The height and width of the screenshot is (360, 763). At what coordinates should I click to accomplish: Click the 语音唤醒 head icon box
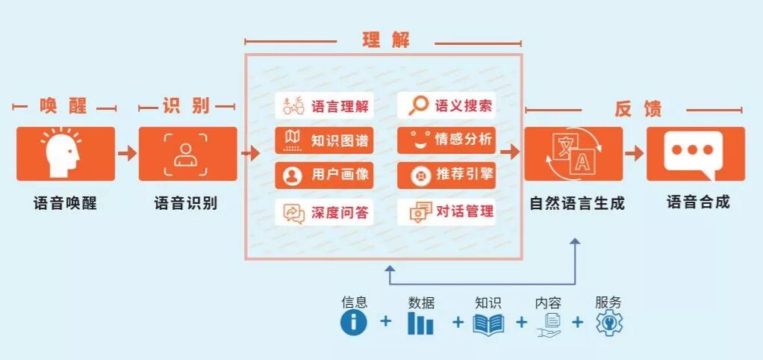(x=66, y=153)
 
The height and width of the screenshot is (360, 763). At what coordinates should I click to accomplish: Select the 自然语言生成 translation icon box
(x=573, y=153)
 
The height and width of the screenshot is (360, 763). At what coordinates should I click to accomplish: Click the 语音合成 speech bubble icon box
(x=695, y=153)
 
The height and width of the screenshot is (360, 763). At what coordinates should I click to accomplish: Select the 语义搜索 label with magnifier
(x=446, y=105)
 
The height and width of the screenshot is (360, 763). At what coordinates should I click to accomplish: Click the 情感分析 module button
(x=446, y=140)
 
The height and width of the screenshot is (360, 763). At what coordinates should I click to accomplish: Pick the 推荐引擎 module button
(x=446, y=175)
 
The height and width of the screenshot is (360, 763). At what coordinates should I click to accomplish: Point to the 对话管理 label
(x=446, y=212)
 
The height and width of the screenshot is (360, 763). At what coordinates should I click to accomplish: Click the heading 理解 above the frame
(x=386, y=40)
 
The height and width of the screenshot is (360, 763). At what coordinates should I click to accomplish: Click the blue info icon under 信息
(x=354, y=323)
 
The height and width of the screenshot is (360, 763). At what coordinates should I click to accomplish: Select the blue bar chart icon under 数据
(x=420, y=323)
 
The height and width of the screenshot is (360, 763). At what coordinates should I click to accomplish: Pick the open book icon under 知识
(x=488, y=323)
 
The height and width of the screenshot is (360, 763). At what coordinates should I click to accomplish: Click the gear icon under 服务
(x=609, y=323)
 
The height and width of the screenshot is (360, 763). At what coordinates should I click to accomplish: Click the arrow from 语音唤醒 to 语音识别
(x=128, y=153)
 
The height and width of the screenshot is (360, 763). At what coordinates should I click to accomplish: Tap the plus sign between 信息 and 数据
(x=385, y=322)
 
